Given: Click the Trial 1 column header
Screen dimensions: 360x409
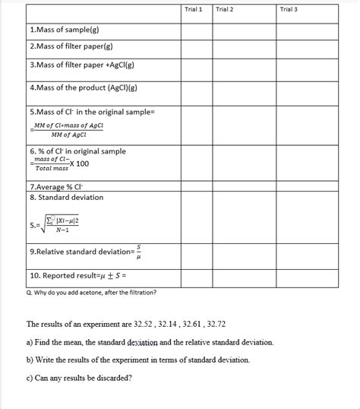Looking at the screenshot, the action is (x=193, y=9).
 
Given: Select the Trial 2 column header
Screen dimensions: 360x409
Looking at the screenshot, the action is (x=224, y=9).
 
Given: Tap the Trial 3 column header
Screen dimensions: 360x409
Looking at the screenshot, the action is (x=289, y=9).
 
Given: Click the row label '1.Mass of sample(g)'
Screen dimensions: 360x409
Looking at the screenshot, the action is (x=65, y=30).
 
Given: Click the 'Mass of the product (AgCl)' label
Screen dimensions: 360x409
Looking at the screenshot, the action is (x=83, y=87).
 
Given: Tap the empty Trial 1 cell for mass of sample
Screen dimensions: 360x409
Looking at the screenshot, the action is (x=195, y=30).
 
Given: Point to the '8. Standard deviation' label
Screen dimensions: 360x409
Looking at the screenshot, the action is (x=67, y=198).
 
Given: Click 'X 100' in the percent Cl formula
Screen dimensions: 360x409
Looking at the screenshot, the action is (x=78, y=163).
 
